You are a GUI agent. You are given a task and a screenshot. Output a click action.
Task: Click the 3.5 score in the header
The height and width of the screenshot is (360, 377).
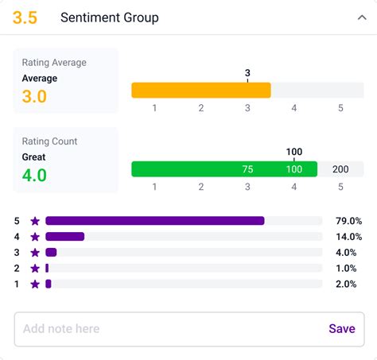pyautogui.click(x=25, y=17)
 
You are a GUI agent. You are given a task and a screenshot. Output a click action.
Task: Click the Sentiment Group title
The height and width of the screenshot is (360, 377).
pyautogui.click(x=109, y=17)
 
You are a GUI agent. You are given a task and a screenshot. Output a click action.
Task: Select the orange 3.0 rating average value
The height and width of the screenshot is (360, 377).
pyautogui.click(x=33, y=96)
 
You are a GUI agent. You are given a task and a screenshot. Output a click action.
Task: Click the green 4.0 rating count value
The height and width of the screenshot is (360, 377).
pyautogui.click(x=33, y=175)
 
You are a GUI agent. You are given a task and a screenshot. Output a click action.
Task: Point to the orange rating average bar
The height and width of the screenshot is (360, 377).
pyautogui.click(x=200, y=90)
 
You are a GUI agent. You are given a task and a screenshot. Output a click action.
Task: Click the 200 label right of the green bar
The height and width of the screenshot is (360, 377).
pyautogui.click(x=340, y=169)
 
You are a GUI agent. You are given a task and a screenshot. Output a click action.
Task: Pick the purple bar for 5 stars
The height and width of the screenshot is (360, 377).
pyautogui.click(x=154, y=221)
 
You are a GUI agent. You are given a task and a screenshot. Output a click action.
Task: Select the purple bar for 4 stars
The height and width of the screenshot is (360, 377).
pyautogui.click(x=64, y=237)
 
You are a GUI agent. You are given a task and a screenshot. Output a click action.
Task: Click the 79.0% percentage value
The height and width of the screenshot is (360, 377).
pyautogui.click(x=348, y=221)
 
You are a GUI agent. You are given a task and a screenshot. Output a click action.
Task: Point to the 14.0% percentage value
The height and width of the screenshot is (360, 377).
pyautogui.click(x=348, y=237)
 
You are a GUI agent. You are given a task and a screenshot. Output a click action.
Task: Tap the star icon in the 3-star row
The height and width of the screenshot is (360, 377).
pyautogui.click(x=34, y=253)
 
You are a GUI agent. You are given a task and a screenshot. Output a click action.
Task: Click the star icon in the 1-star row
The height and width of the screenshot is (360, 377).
pyautogui.click(x=34, y=284)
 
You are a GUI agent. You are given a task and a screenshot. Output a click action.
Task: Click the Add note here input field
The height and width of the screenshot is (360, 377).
pyautogui.click(x=167, y=329)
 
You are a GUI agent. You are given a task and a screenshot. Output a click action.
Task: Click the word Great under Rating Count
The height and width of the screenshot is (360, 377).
pyautogui.click(x=34, y=157)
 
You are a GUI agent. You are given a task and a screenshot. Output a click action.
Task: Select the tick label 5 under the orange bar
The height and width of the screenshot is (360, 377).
pyautogui.click(x=340, y=108)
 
